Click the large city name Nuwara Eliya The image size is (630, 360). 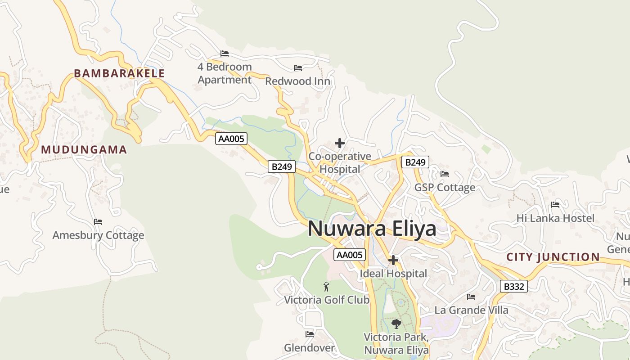(x=372, y=229)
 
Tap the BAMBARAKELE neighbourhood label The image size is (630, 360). (x=119, y=73)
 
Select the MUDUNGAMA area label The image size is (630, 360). (x=84, y=150)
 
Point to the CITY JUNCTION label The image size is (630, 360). (x=553, y=257)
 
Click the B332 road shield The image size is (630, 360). (x=513, y=286)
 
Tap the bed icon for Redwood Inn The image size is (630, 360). (x=298, y=68)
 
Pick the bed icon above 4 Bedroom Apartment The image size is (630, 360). (x=225, y=54)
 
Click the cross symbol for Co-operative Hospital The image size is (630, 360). (x=340, y=143)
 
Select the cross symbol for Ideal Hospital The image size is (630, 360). (x=393, y=260)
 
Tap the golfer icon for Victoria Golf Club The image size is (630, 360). (x=326, y=286)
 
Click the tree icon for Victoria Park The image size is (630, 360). (x=396, y=324)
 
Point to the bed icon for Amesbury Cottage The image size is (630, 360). (x=98, y=222)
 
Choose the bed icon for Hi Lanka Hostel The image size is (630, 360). (x=555, y=205)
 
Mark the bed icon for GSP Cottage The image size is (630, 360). (x=445, y=174)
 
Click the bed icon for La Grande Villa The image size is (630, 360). (x=471, y=297)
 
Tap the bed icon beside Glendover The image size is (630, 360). (x=310, y=334)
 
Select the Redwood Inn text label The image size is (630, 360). (x=297, y=81)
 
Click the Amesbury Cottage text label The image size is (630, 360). (x=98, y=235)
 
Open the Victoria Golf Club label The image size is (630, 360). (x=326, y=300)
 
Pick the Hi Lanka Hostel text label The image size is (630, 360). (x=555, y=218)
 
